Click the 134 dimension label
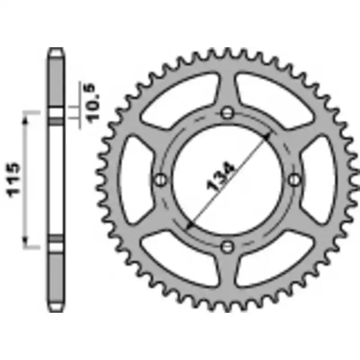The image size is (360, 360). pos(220,176)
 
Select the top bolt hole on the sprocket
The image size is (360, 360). pos(227,113)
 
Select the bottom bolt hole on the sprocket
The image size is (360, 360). pos(227,247)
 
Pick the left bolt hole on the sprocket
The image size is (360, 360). pos(160,180)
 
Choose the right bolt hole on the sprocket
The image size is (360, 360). pos(294,180)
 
